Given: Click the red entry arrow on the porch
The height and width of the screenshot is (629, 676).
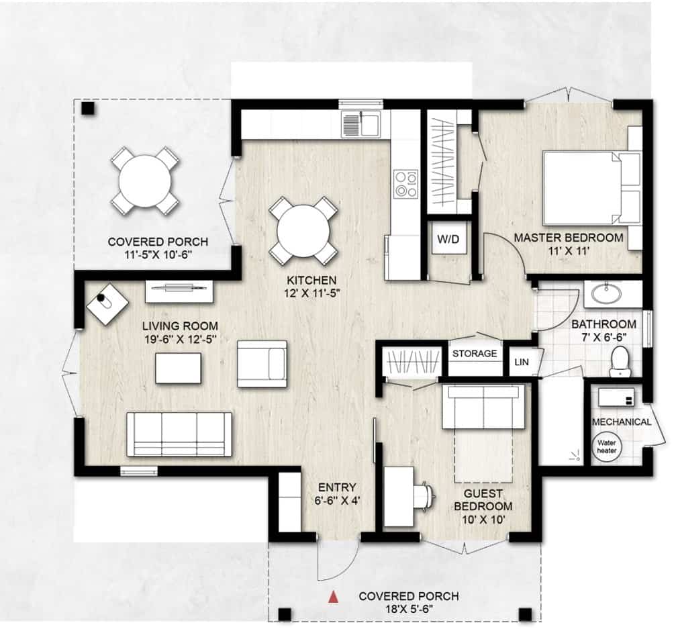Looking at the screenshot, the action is coord(333,597).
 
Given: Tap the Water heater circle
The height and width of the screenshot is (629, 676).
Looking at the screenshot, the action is coord(607,446).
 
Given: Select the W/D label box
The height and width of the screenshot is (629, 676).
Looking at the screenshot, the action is coord(449,238).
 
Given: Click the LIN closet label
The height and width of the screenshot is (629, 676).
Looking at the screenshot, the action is coord(522,362).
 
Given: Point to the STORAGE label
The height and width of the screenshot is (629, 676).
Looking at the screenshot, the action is coord(475,354).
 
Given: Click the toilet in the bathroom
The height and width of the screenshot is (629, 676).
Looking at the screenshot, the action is coord(620,362).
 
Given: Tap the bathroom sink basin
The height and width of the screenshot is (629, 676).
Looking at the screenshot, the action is coord(607,293).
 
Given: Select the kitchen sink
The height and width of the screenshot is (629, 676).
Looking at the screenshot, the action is coord(361,125).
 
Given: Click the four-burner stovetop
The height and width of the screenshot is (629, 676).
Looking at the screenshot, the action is coord(406,184).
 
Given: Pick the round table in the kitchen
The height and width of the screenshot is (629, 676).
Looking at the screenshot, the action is coord(303,232).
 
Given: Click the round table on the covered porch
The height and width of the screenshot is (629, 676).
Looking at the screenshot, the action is coord(145,180).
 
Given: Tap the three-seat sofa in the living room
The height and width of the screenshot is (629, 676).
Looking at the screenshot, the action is coord(179,434).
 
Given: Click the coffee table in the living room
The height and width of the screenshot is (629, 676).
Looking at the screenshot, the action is coord(178,368).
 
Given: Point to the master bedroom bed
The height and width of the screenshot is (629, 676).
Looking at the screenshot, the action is coord(592,189).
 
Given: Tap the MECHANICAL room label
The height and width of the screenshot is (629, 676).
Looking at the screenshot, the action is coord(621,422).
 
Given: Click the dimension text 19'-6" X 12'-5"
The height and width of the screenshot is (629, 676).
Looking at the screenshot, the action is coord(180,339).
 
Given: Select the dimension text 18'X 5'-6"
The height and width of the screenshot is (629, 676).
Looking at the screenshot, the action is coord(409,609).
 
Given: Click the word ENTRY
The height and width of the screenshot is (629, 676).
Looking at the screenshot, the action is coord(337,487).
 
